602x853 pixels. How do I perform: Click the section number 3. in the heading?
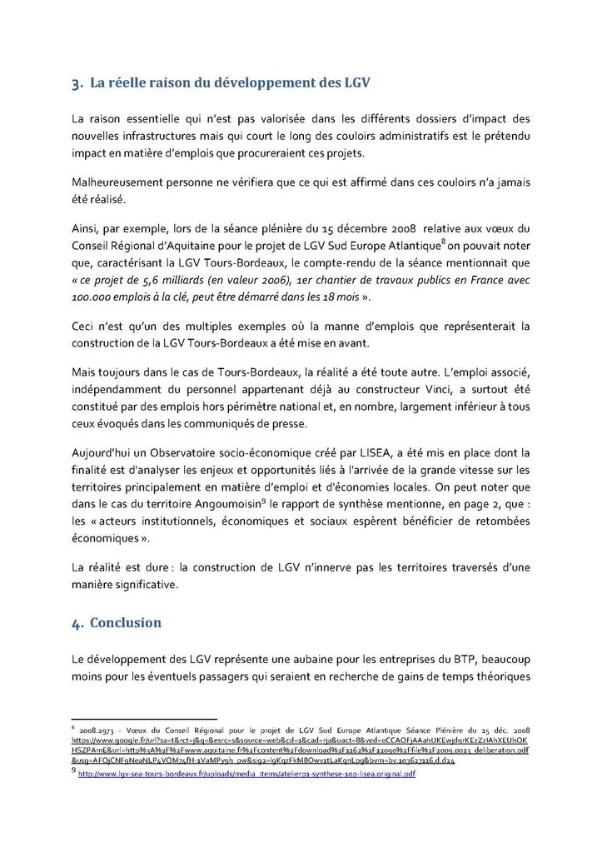coord(77,83)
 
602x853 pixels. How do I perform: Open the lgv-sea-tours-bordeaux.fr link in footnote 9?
coord(246,774)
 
